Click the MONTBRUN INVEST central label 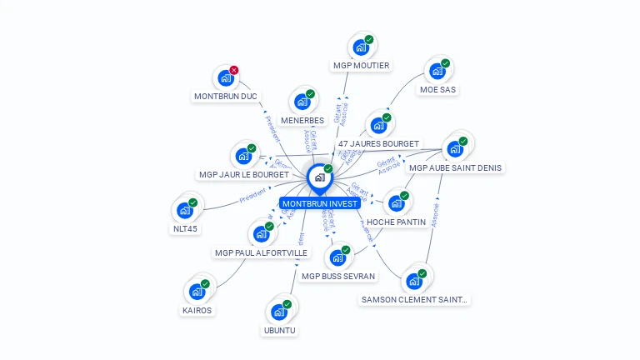pos(320,203)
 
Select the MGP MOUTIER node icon pos(360,47)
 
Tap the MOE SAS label pos(438,90)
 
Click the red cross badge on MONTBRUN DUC pos(234,70)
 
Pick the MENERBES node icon pos(302,102)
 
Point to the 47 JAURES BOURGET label pos(378,144)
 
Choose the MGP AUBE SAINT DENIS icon pos(454,149)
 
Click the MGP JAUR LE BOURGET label pos(243,175)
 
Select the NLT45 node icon pos(185,211)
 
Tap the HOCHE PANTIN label pos(396,222)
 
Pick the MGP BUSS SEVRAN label pos(337,276)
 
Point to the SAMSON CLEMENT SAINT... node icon pos(413,281)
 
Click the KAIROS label pos(197,311)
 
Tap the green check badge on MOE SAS pos(446,63)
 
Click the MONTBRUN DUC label pos(225,97)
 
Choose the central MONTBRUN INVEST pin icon pos(319,177)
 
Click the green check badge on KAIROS pos(205,284)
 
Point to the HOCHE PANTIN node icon pos(396,203)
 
